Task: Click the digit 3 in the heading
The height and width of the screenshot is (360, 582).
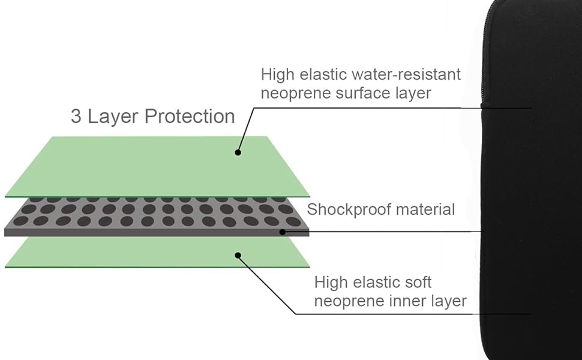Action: tap(77, 116)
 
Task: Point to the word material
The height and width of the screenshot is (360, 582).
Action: tap(425, 209)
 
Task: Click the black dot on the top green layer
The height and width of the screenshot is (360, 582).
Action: tap(238, 152)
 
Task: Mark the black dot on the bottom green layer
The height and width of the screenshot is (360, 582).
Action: tap(238, 255)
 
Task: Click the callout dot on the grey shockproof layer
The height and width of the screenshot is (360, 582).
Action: tap(281, 231)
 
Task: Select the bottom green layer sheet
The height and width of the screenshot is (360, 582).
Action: tap(150, 252)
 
